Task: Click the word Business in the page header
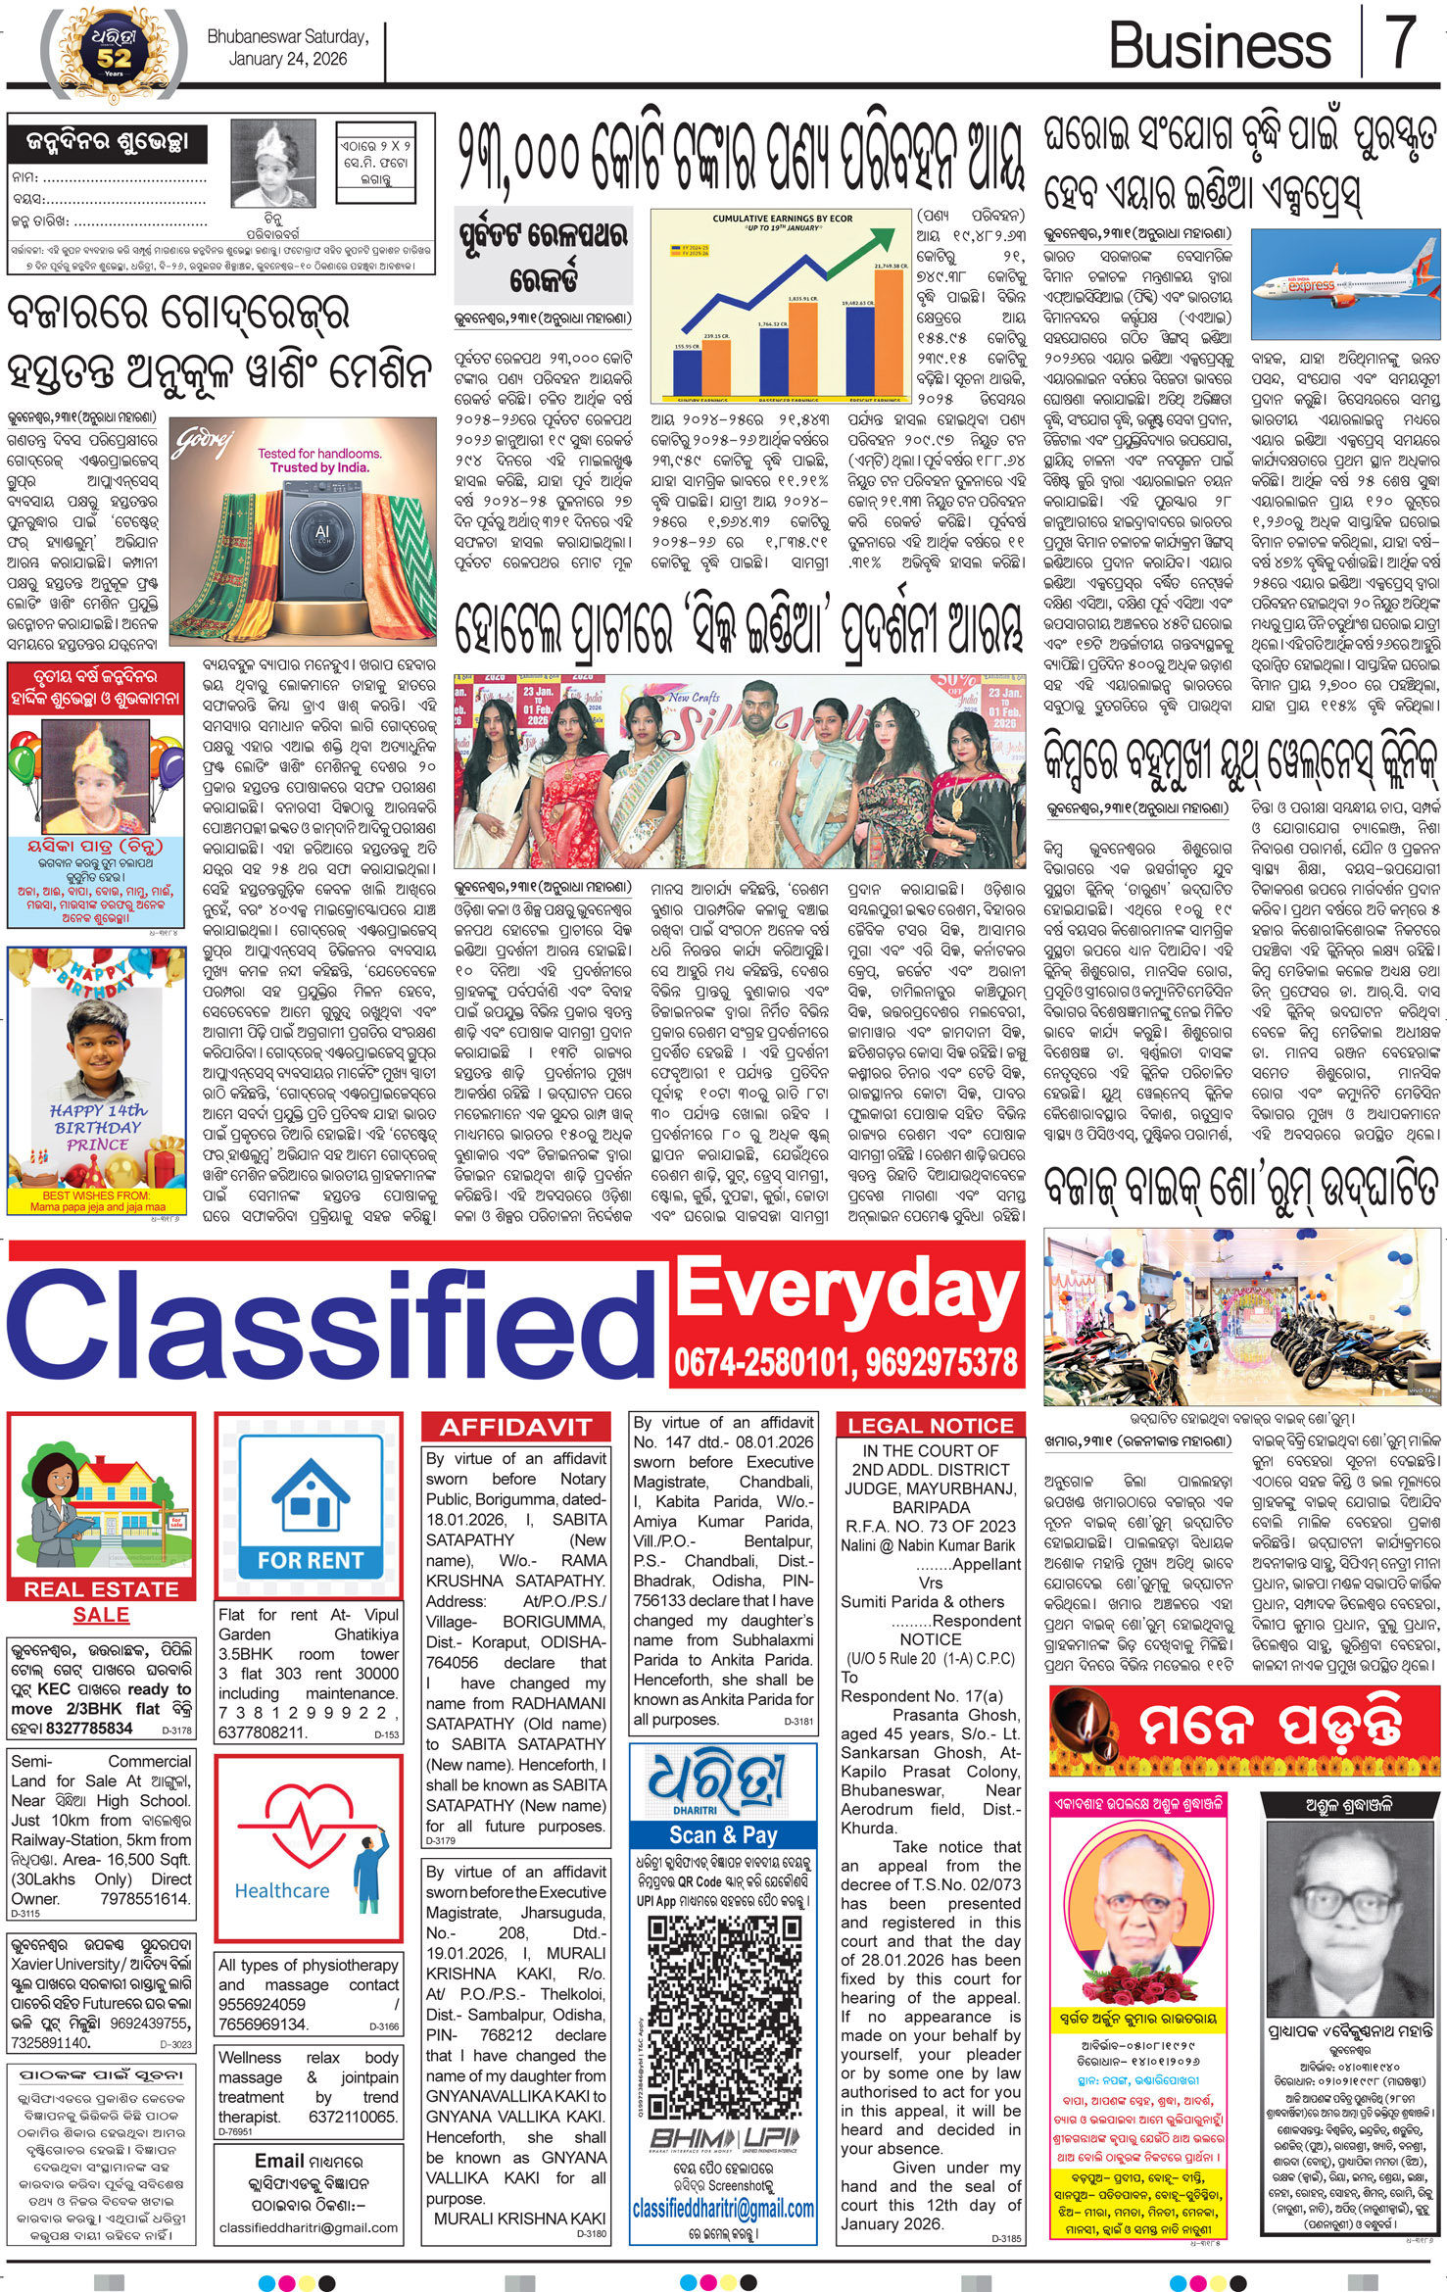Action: [x=1220, y=46]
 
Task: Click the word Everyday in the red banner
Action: [x=846, y=1290]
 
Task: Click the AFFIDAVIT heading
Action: [x=515, y=1427]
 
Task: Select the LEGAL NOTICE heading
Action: [x=930, y=1426]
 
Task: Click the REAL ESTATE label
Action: [x=101, y=1589]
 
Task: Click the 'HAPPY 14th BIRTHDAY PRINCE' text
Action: [x=97, y=1127]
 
